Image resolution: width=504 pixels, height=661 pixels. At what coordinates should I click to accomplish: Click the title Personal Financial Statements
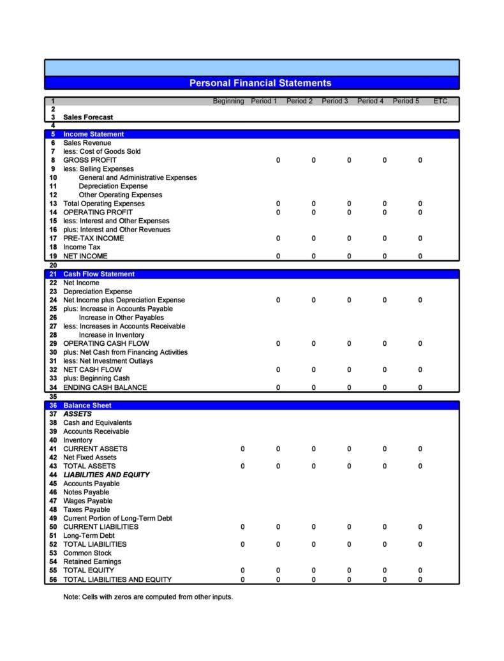(x=260, y=83)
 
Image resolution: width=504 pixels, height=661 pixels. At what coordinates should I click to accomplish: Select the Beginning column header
(x=228, y=101)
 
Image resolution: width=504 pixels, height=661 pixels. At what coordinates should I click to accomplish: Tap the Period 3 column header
(x=335, y=101)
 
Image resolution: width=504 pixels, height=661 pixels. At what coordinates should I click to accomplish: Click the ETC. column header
(x=441, y=101)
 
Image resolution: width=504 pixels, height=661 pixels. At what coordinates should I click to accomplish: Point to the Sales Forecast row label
(x=88, y=117)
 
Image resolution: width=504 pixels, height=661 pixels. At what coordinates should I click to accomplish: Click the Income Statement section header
(x=93, y=134)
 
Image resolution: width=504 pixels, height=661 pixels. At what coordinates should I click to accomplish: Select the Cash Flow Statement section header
(x=99, y=274)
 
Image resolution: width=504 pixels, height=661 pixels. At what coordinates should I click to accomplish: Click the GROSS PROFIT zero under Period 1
(x=278, y=160)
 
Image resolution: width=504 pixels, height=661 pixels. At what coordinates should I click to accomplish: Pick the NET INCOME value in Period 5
(x=420, y=256)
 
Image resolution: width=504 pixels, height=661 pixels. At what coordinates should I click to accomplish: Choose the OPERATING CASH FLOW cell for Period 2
(x=313, y=343)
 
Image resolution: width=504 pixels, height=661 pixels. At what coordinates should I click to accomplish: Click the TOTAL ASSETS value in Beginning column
(x=242, y=466)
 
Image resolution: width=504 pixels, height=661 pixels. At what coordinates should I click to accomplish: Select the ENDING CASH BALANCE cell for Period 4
(x=384, y=387)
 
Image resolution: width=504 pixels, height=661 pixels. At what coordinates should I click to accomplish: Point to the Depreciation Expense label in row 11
(x=113, y=186)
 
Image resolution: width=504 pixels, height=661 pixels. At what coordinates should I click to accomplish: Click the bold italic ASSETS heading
(x=77, y=414)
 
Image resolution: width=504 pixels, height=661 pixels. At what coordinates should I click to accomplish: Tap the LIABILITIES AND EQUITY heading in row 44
(x=106, y=475)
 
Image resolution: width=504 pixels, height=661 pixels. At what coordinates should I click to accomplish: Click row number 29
(x=53, y=343)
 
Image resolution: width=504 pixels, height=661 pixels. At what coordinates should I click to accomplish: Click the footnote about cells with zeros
(x=148, y=597)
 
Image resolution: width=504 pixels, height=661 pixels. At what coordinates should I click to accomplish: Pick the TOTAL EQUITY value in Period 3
(x=349, y=570)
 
